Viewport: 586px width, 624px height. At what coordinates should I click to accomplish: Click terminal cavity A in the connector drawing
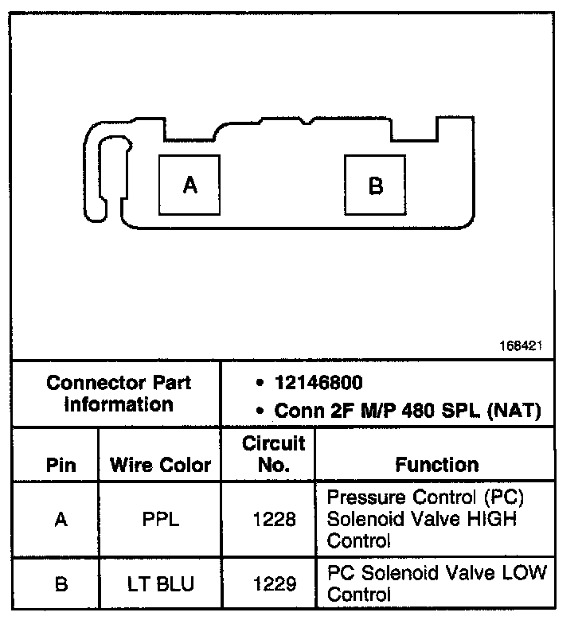[x=189, y=184]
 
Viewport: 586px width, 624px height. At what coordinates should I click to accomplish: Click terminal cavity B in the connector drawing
[x=375, y=185]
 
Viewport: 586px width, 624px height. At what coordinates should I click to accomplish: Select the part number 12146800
[x=318, y=383]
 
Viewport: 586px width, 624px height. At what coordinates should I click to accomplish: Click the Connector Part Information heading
[x=119, y=393]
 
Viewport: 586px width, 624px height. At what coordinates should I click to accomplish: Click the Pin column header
[x=61, y=465]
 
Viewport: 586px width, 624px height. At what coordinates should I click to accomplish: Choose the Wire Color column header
[x=160, y=465]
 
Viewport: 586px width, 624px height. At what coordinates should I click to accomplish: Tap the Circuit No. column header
[x=273, y=454]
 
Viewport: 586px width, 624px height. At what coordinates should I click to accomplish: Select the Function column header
[x=437, y=465]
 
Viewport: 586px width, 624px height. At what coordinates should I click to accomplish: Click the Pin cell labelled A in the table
[x=61, y=520]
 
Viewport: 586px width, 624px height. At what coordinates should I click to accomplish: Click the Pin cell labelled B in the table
[x=61, y=584]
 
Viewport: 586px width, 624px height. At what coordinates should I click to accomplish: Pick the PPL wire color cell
[x=160, y=520]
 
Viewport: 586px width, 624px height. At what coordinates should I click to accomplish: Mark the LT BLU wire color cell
[x=160, y=584]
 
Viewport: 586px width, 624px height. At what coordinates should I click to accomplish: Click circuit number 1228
[x=273, y=520]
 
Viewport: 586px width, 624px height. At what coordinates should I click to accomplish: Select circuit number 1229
[x=273, y=584]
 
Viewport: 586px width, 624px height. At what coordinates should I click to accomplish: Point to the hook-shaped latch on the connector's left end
[x=107, y=171]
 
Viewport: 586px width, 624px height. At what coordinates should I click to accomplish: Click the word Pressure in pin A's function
[x=361, y=497]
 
